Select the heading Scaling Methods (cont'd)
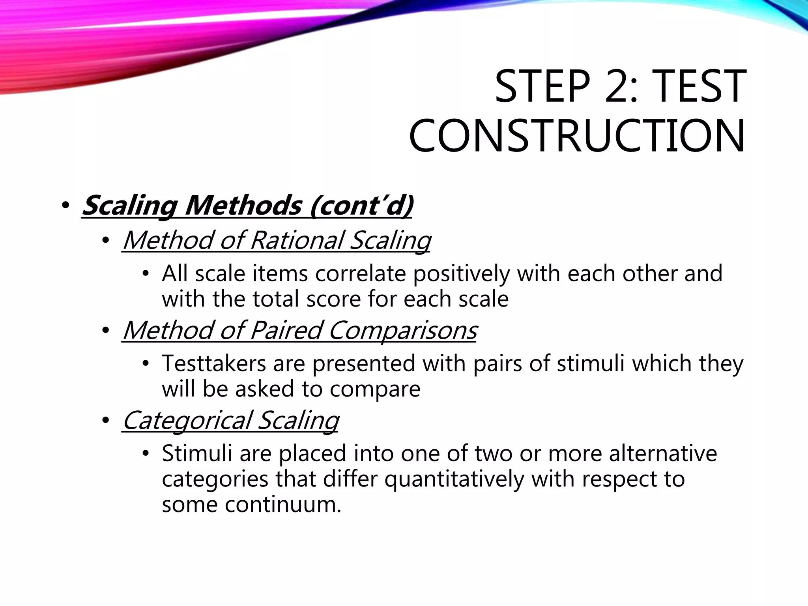pyautogui.click(x=247, y=206)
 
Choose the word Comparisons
pyautogui.click(x=402, y=330)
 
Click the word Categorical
pyautogui.click(x=187, y=420)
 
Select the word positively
pyautogui.click(x=462, y=273)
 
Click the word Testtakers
pyautogui.click(x=214, y=363)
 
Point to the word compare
pyautogui.click(x=375, y=389)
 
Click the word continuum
pyautogui.click(x=282, y=505)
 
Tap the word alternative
pyautogui.click(x=663, y=453)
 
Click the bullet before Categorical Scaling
pyautogui.click(x=105, y=421)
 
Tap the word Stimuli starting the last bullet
pyautogui.click(x=196, y=453)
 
